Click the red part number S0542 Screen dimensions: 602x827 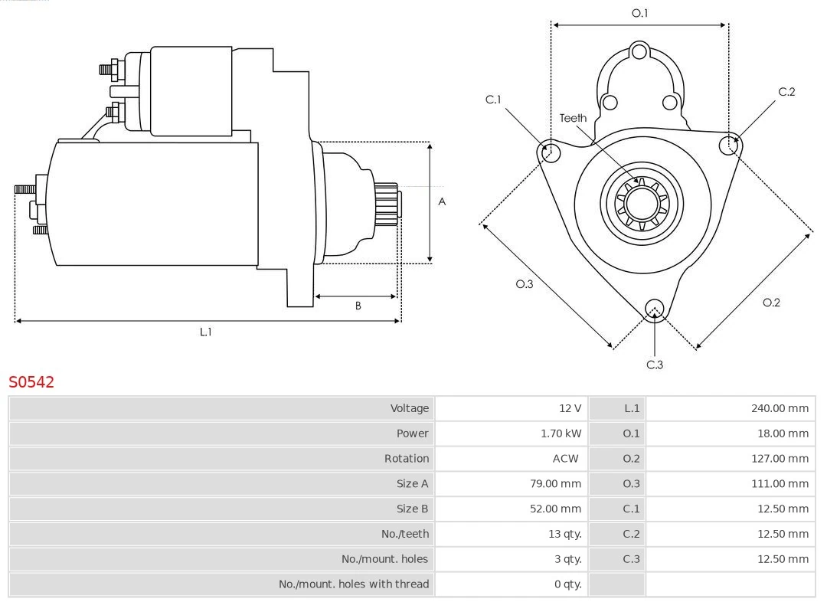point(31,382)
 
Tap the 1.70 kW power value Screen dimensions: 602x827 point(561,434)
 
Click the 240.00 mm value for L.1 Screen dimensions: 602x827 point(780,408)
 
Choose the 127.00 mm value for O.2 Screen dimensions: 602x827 point(780,459)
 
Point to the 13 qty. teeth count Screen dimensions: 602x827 point(564,534)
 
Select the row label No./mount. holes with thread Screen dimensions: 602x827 point(354,584)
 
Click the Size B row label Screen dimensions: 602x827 point(412,509)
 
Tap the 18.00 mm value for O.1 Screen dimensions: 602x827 point(783,434)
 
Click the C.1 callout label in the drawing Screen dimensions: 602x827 point(493,100)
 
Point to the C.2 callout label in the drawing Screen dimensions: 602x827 point(786,92)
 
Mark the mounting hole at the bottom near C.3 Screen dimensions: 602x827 point(654,309)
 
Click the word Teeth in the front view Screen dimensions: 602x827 point(573,118)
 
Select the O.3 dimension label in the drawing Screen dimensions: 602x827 point(524,284)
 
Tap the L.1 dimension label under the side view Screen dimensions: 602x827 point(205,332)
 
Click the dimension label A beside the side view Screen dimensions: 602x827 point(442,202)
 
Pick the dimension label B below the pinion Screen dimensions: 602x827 point(358,306)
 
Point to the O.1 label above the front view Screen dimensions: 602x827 point(639,13)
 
